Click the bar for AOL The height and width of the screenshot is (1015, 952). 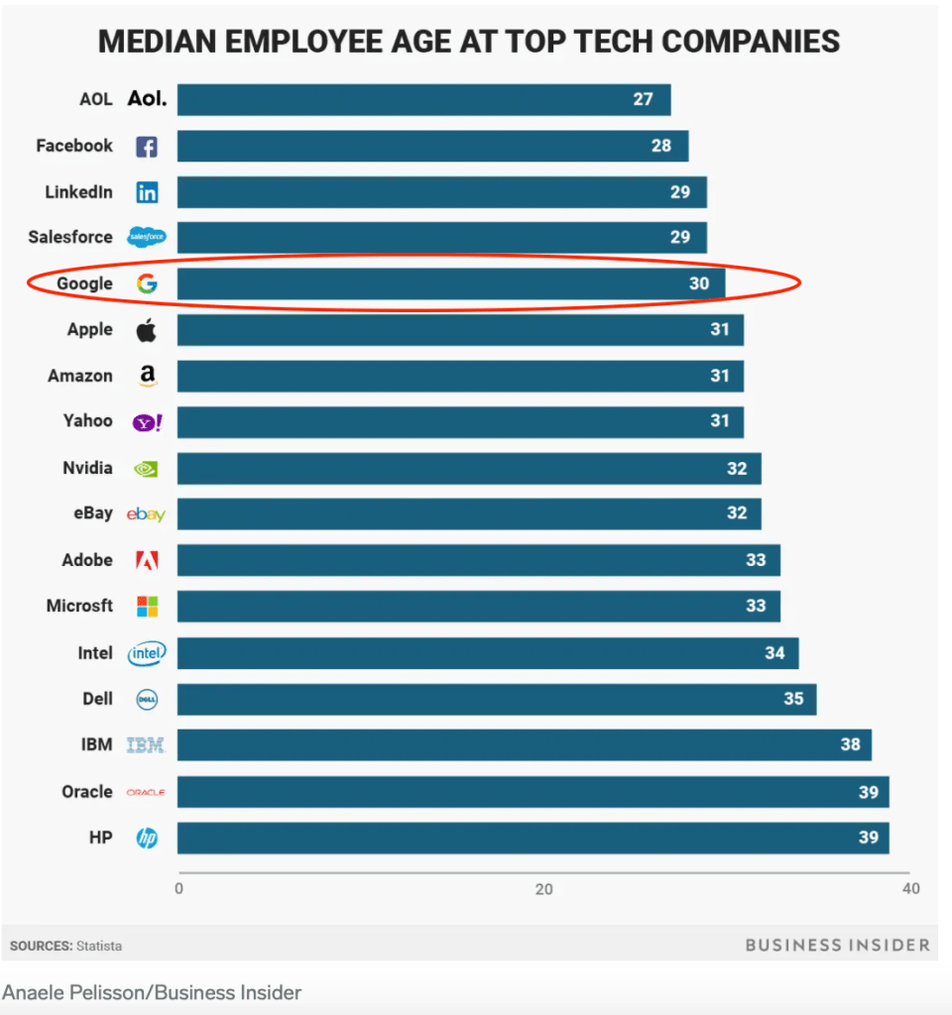[x=423, y=99]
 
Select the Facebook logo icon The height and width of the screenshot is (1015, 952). [x=147, y=147]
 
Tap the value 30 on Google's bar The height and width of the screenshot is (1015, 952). [x=699, y=283]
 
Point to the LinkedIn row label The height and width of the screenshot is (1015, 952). [x=78, y=192]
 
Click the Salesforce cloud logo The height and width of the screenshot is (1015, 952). [x=147, y=238]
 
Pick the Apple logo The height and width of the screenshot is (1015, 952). [x=147, y=330]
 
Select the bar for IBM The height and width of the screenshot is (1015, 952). [x=524, y=744]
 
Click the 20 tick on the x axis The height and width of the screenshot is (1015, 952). [x=543, y=889]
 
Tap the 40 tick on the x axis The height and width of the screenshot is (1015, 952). [x=910, y=889]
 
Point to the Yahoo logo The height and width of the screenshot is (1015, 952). [x=147, y=422]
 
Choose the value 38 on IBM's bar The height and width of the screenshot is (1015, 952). [x=850, y=744]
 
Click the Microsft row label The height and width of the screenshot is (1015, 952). [x=79, y=606]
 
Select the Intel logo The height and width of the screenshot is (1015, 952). [x=147, y=653]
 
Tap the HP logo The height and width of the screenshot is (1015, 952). [x=147, y=838]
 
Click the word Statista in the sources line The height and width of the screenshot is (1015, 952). [x=99, y=946]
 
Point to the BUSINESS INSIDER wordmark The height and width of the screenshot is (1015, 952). [x=837, y=945]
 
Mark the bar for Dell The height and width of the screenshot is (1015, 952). [x=496, y=699]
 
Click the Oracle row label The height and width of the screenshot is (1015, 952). [x=87, y=791]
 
